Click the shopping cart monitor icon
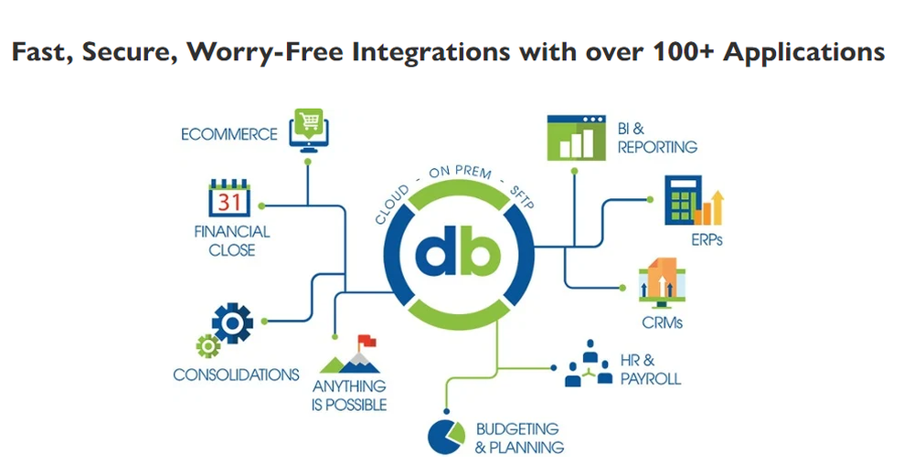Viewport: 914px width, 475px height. click(x=307, y=128)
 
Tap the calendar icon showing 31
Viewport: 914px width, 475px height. click(x=228, y=199)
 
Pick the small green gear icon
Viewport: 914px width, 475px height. click(x=207, y=346)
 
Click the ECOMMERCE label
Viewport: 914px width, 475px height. click(x=228, y=133)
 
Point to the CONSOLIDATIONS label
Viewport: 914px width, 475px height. click(x=236, y=375)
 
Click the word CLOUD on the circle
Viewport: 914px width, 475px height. click(x=392, y=203)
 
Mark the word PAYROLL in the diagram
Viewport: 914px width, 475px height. click(x=650, y=378)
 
